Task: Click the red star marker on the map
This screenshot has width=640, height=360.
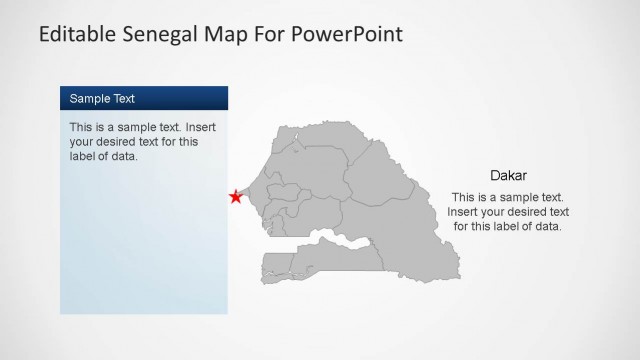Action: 236,197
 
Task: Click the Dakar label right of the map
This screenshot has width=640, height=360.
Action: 508,175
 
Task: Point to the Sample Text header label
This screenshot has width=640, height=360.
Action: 102,99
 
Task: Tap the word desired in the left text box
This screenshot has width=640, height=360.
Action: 117,142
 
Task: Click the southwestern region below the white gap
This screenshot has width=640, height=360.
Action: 290,265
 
